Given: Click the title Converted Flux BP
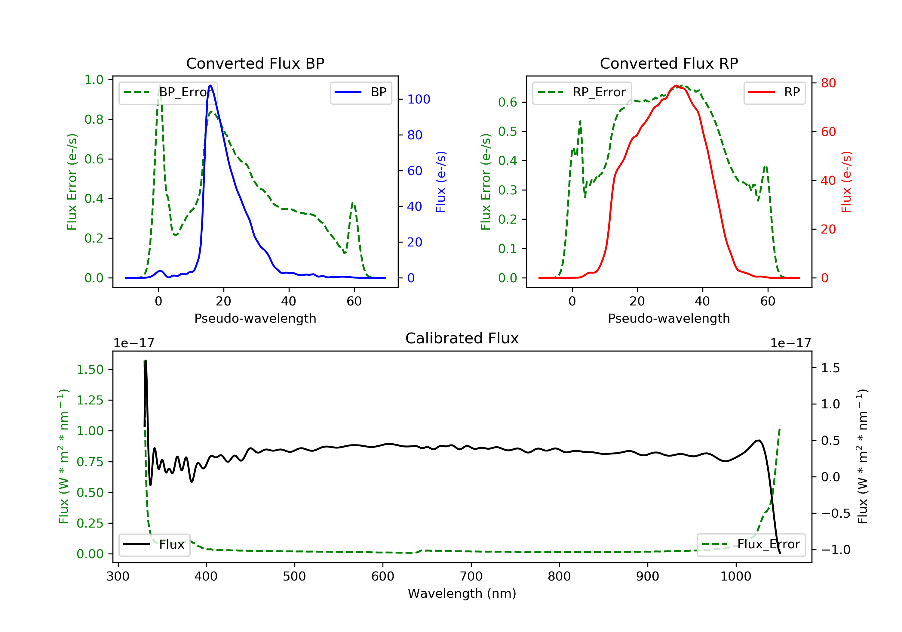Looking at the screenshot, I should click(255, 63).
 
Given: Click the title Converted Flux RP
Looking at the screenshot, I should click(669, 63).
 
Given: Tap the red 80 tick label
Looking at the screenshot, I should click(828, 83).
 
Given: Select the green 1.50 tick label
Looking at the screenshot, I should click(90, 369).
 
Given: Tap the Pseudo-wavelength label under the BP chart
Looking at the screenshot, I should click(255, 318).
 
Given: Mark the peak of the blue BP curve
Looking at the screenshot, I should click(210, 85).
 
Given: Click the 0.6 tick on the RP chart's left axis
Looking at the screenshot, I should click(507, 102).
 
